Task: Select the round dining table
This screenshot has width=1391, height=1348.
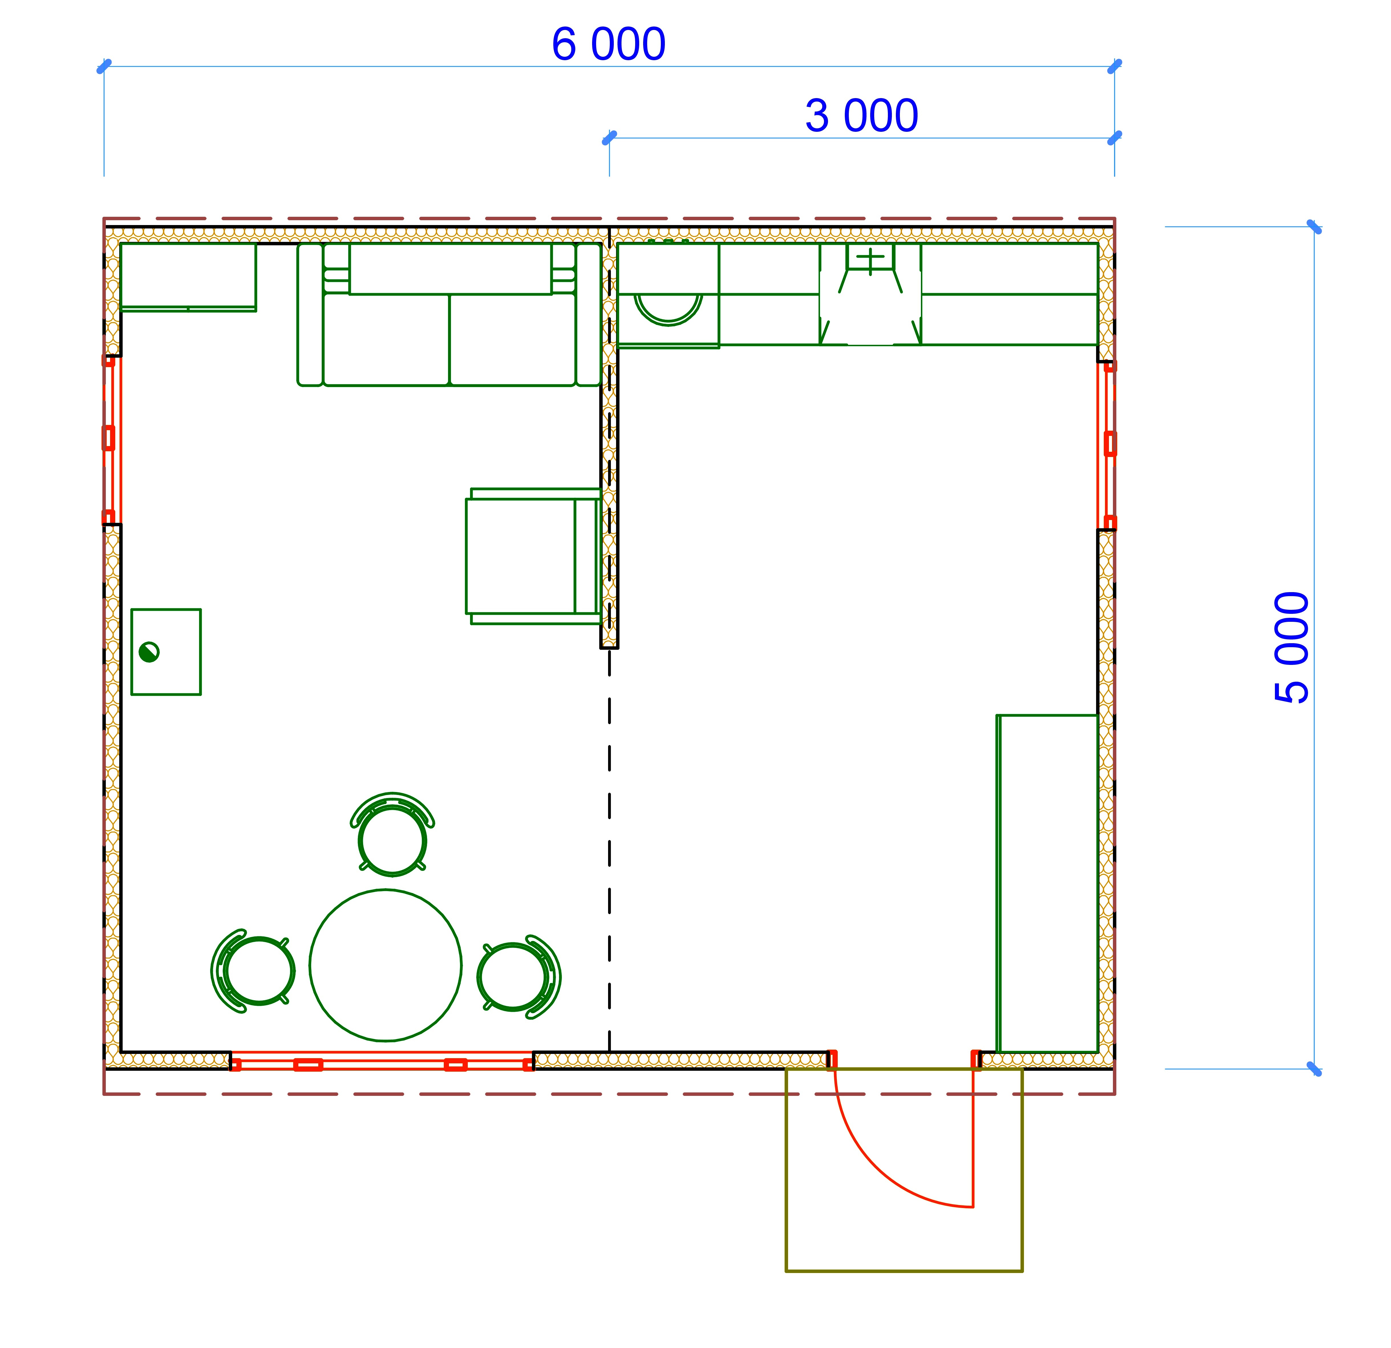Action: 385,966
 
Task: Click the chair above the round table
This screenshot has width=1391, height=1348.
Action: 392,834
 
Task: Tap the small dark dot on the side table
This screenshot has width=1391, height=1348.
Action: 149,652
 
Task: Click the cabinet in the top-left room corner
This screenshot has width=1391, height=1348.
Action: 188,277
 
